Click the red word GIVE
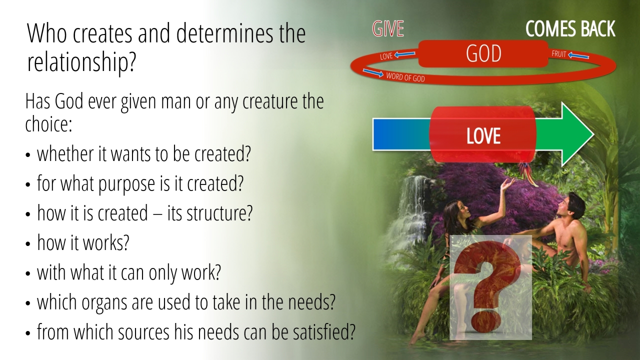tap(388, 29)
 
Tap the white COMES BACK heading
tap(570, 29)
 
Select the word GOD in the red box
tap(483, 53)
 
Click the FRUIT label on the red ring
tap(559, 53)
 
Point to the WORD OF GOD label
tap(405, 77)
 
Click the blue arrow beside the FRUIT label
tap(578, 55)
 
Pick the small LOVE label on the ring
tap(386, 56)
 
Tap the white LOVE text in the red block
tap(483, 135)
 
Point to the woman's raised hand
tap(507, 185)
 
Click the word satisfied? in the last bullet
tap(320, 331)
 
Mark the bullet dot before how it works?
tap(27, 243)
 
